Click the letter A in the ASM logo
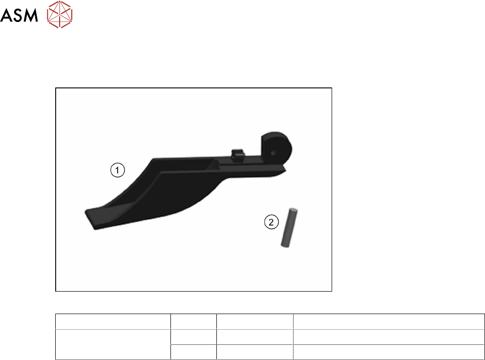pos(6,15)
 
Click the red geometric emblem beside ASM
pos(60,14)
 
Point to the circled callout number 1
pos(118,170)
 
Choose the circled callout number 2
pos(271,222)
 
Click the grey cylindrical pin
pos(289,228)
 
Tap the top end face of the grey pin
pos(293,211)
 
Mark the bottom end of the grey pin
pos(285,245)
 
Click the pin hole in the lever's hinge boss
pos(273,153)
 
